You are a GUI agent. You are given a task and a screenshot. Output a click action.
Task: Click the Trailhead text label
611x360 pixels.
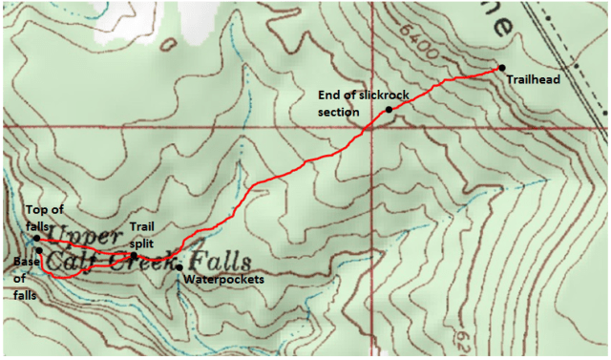coord(530,80)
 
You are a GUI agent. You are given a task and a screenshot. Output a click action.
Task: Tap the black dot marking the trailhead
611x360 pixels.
coord(501,68)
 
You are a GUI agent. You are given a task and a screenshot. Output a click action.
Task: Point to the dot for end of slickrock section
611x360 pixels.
coord(389,110)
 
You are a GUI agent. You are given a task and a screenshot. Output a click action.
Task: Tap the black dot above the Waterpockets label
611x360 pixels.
coord(179,267)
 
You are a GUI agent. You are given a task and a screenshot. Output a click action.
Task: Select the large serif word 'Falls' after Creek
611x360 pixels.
coord(220,260)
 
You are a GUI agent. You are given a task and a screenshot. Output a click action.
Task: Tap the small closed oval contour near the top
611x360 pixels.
coord(169,44)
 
